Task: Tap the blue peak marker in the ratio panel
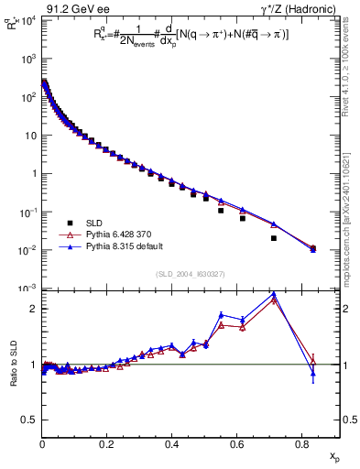(x=274, y=294)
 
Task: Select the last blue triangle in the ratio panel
(x=313, y=373)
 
